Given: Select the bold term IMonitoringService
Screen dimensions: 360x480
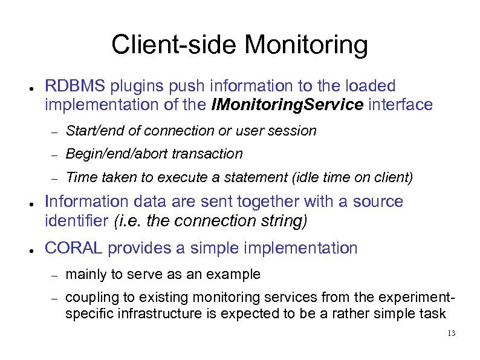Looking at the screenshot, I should (287, 105).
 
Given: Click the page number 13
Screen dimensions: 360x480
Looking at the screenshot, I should (451, 334).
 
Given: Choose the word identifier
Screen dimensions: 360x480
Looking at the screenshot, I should (77, 221).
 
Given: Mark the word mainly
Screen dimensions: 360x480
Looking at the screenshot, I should (85, 274).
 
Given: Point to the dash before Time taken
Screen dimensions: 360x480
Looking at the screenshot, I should (53, 178).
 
